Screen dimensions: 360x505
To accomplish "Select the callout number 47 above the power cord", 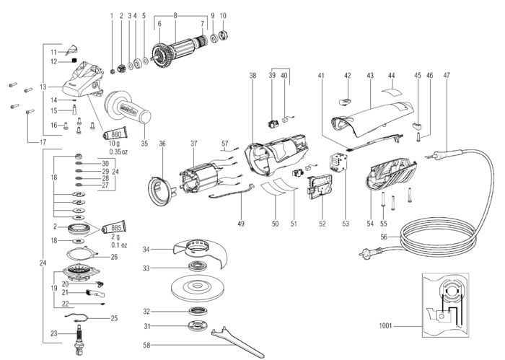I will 447,75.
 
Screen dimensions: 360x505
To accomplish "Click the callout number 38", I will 252,75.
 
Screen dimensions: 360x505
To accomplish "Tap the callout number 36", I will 162,144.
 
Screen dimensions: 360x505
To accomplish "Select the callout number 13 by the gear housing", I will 43,87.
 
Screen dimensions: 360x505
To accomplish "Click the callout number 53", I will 346,224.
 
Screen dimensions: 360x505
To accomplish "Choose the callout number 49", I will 242,224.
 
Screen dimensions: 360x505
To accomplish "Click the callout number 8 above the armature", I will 175,14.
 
